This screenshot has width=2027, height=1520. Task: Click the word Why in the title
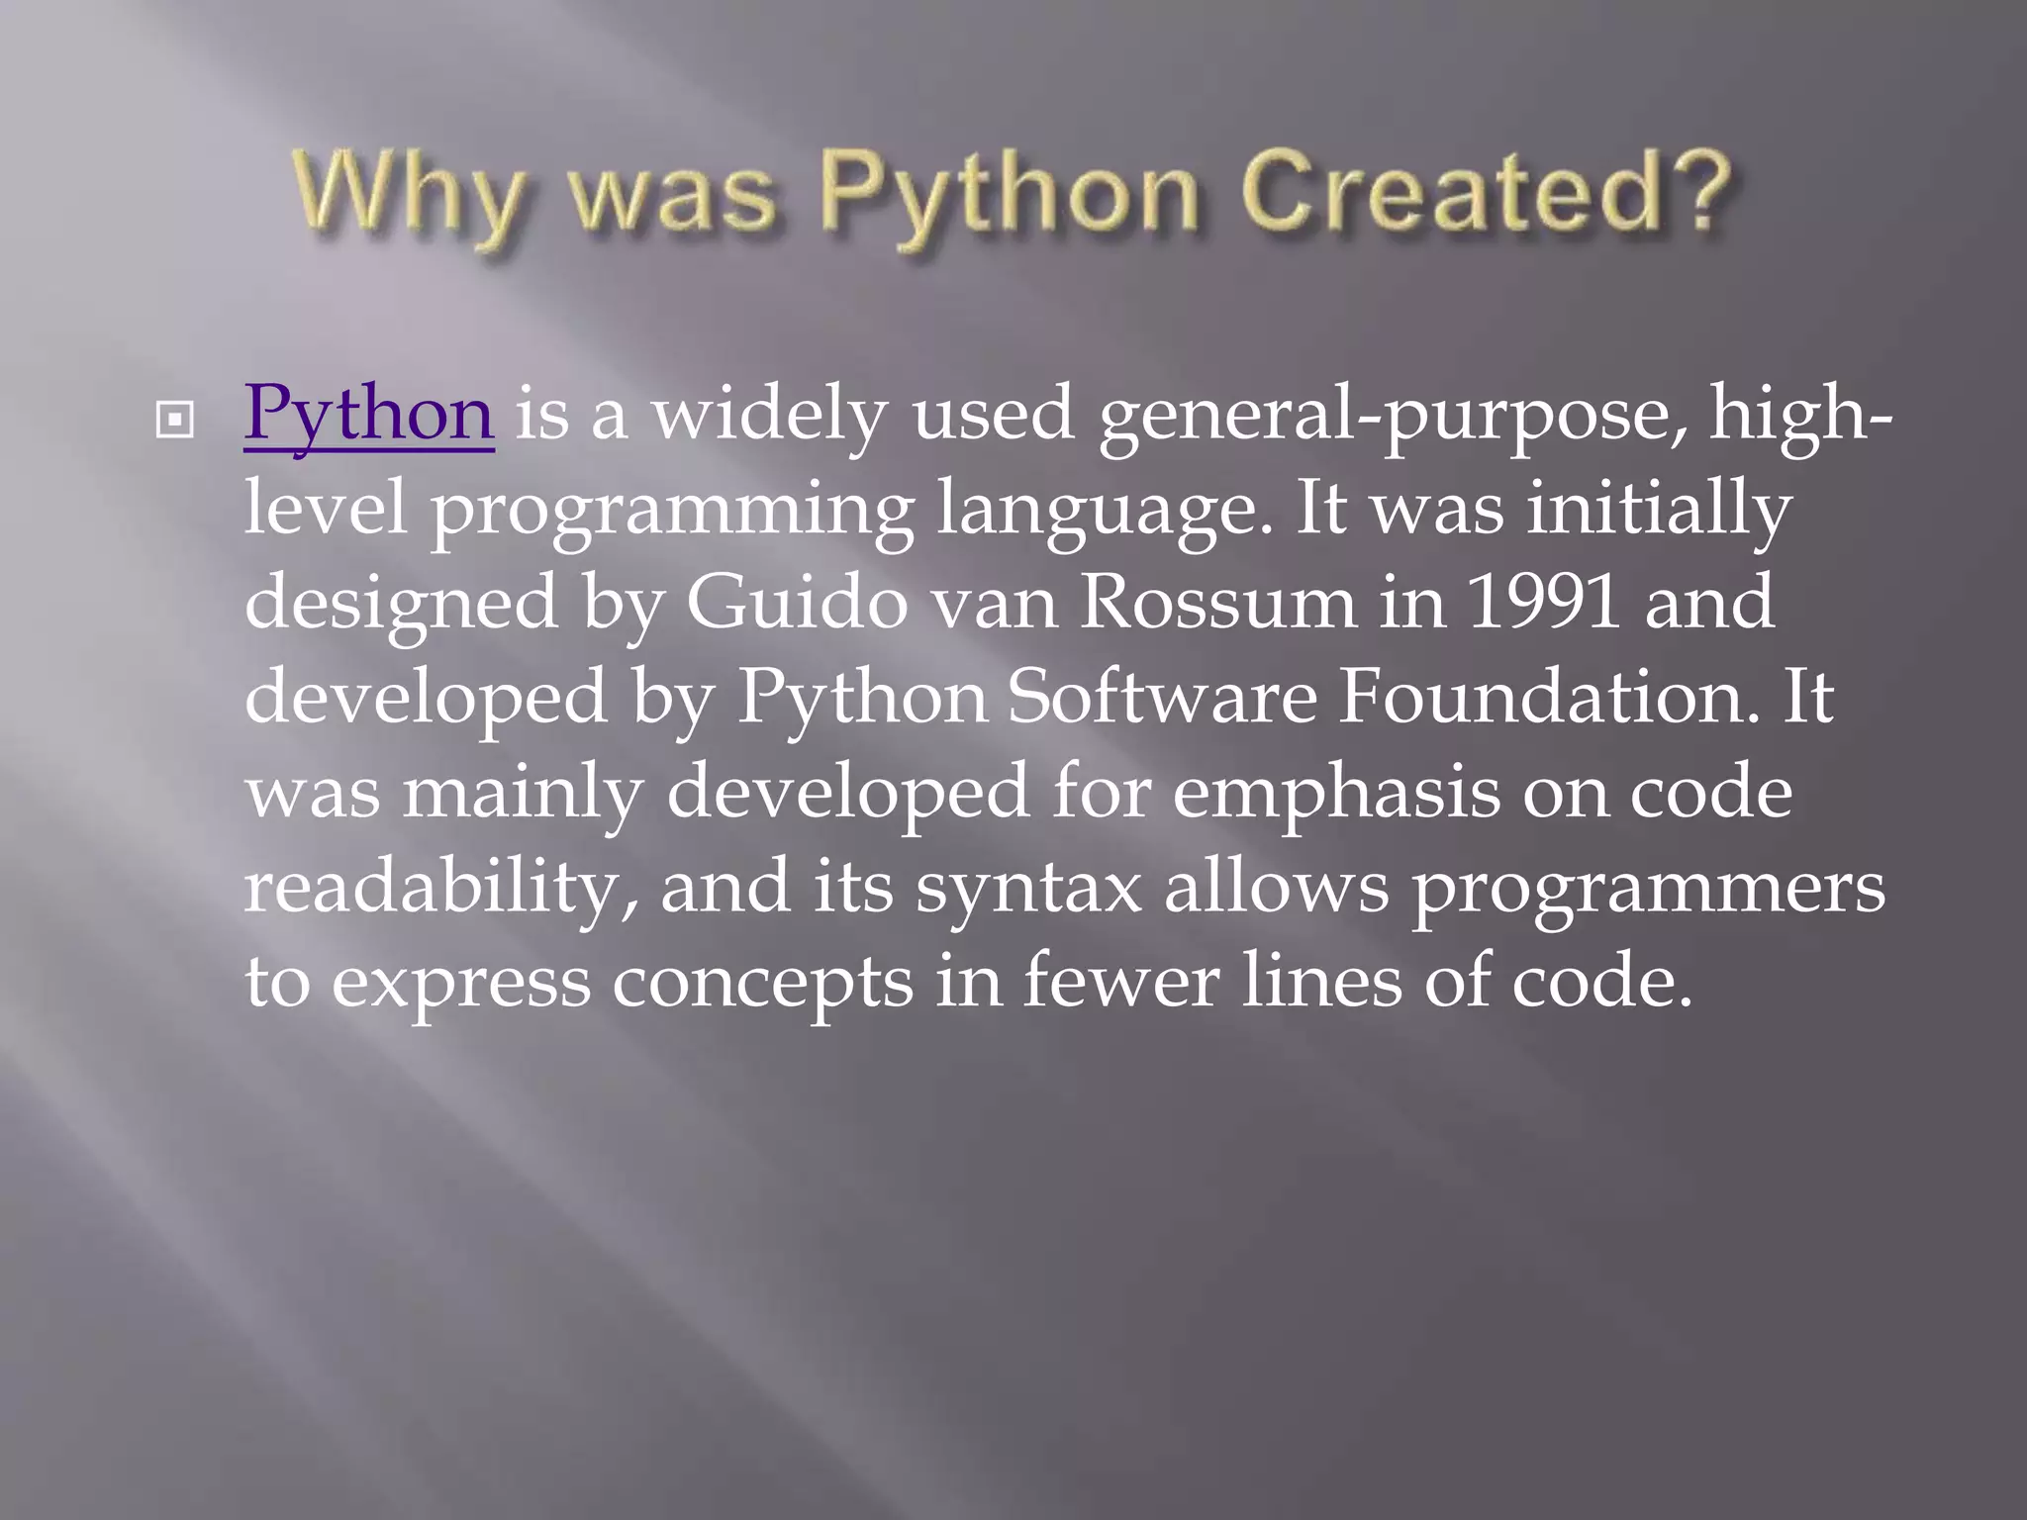pos(407,195)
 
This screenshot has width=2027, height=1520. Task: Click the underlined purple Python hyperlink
pos(368,415)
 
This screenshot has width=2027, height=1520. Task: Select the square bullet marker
pos(175,421)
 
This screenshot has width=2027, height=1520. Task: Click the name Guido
pos(797,602)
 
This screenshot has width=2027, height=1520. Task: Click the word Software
pos(1162,696)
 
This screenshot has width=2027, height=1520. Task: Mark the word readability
pos(439,887)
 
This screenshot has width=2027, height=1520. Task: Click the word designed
pos(401,604)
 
